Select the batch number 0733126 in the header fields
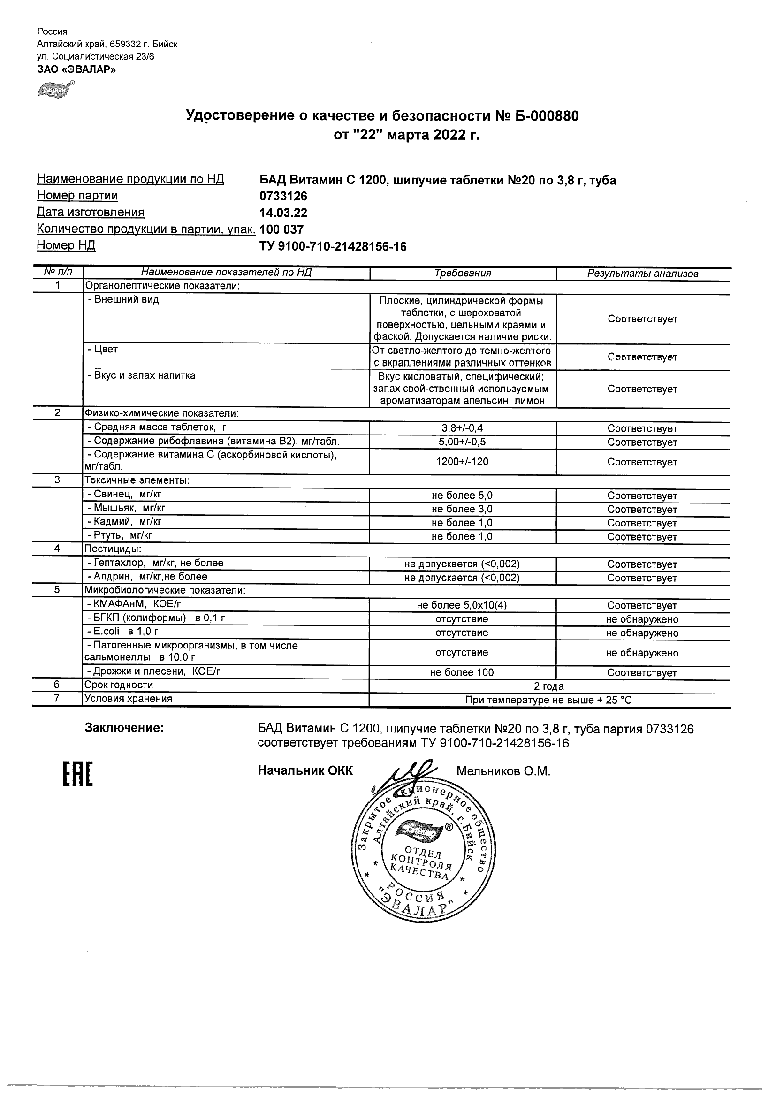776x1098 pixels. pyautogui.click(x=283, y=197)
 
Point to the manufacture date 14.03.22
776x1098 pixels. pyautogui.click(x=283, y=213)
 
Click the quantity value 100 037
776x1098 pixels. pyautogui.click(x=281, y=229)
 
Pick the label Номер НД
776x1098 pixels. pyautogui.click(x=66, y=246)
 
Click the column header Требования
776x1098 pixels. pyautogui.click(x=463, y=274)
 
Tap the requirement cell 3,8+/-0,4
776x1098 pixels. pyautogui.click(x=463, y=428)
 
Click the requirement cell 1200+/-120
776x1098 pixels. pyautogui.click(x=463, y=462)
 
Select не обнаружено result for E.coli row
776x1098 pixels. pyautogui.click(x=642, y=633)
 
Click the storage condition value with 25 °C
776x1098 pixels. pyautogui.click(x=549, y=701)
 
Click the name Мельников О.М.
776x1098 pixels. pyautogui.click(x=503, y=771)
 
